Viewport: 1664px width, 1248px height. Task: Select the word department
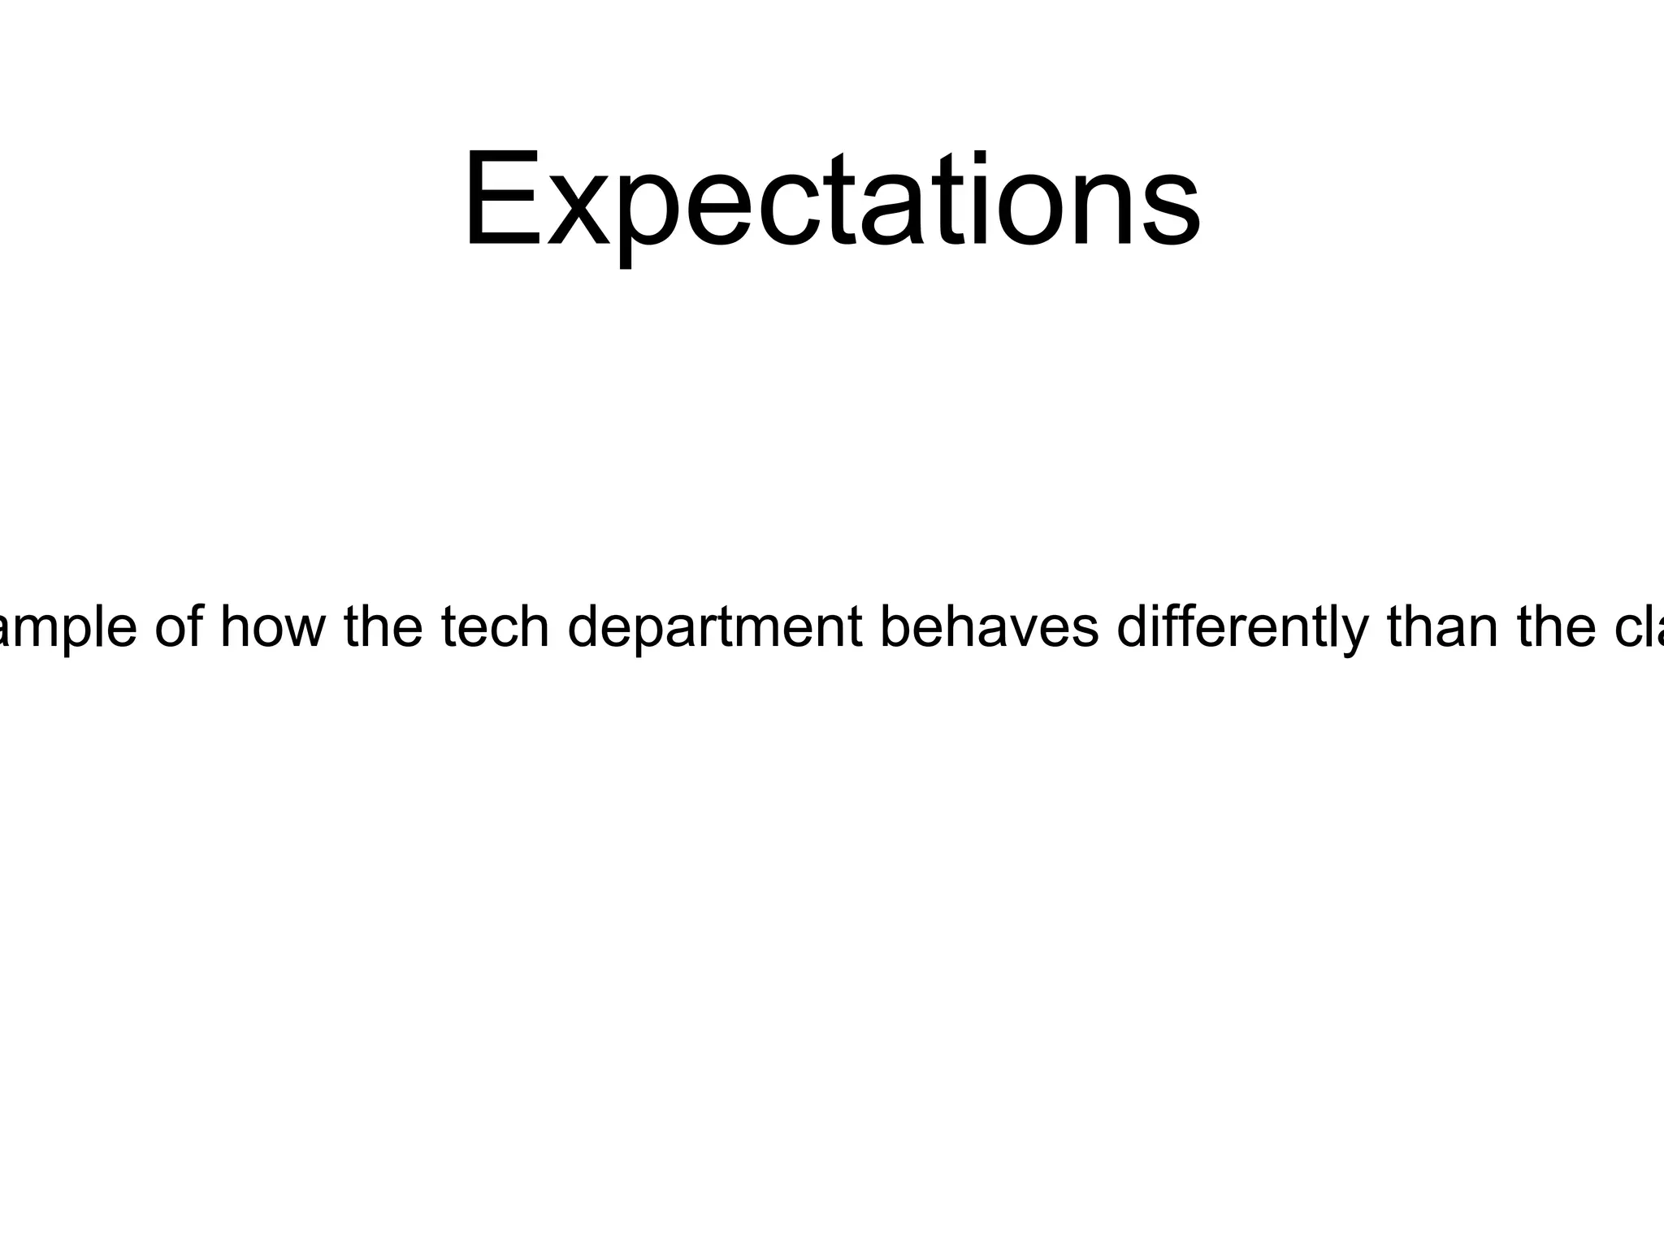pyautogui.click(x=715, y=627)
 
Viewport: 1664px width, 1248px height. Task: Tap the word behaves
pyautogui.click(x=989, y=627)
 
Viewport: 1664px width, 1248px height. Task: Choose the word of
pyautogui.click(x=178, y=627)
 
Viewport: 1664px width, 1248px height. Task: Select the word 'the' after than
pyautogui.click(x=1557, y=627)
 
